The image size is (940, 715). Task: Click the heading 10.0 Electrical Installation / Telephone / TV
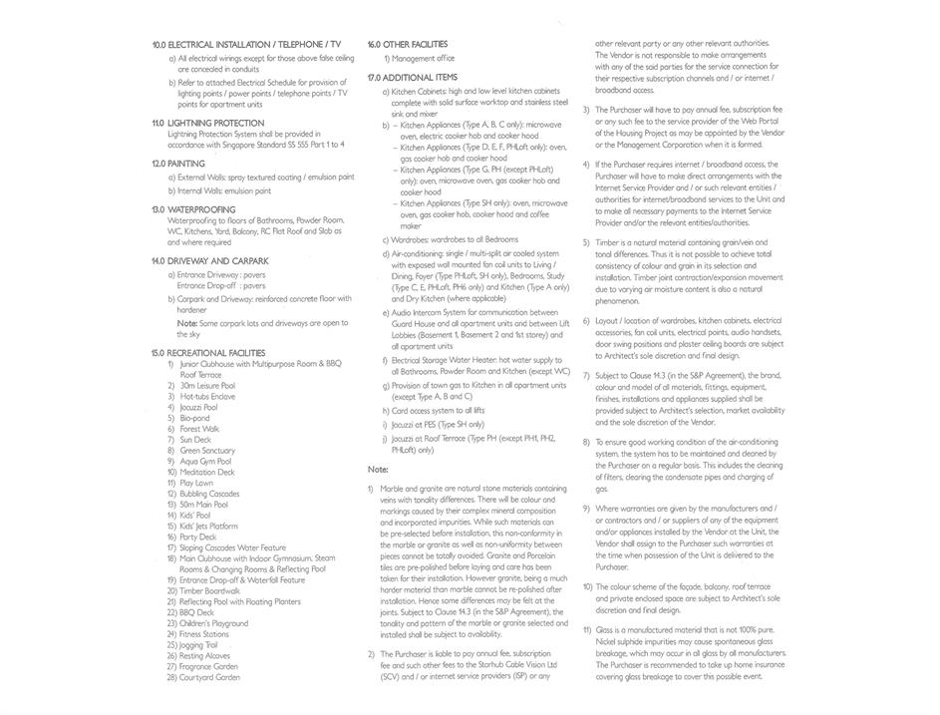246,45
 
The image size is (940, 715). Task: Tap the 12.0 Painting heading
178,164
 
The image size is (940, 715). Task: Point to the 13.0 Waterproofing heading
193,209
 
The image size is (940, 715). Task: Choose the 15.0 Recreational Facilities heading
208,353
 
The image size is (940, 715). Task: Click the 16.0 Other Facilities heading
408,44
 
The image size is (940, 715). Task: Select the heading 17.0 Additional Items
413,77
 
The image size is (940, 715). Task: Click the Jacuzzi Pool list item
200,407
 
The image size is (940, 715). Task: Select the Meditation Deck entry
210,472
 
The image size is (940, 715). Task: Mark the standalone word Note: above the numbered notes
378,469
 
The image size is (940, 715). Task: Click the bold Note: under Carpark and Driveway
186,323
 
